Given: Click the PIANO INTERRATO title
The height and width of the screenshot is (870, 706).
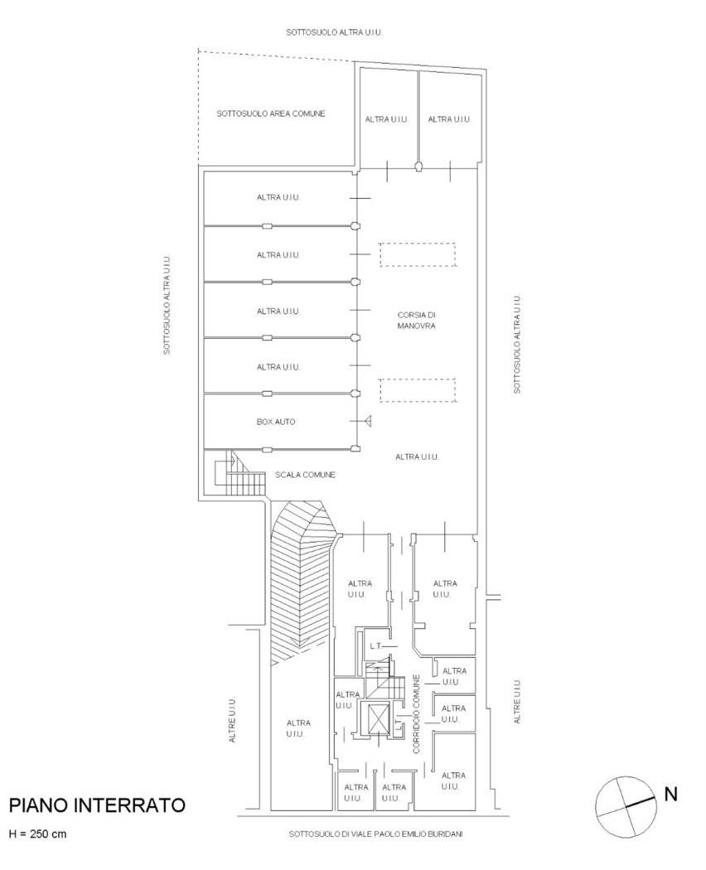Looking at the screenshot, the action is [97, 805].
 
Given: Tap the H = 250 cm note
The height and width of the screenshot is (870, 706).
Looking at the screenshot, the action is [37, 834].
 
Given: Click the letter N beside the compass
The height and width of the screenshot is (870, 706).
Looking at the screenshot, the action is [671, 794].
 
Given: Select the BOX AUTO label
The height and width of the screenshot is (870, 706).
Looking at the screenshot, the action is [276, 422].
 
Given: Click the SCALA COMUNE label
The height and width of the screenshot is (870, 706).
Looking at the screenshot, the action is [305, 475].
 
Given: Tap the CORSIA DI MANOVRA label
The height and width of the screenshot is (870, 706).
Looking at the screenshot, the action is [416, 320].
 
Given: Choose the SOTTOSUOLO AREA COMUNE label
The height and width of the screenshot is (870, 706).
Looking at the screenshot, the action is [271, 114].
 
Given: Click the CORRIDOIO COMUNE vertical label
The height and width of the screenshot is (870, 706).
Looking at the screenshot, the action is [417, 713].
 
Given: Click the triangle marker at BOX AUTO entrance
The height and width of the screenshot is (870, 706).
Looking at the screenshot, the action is [368, 421].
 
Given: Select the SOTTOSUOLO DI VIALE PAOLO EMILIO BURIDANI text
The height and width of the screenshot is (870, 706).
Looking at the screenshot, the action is [375, 834].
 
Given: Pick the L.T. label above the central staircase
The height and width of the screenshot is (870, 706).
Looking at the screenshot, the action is [375, 646].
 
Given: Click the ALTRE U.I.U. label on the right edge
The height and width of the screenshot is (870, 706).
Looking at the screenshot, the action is [517, 701].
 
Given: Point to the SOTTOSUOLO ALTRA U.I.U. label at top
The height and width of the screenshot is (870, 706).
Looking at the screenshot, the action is [334, 32].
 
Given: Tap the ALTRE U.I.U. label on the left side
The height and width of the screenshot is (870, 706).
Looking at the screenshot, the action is [233, 720].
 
